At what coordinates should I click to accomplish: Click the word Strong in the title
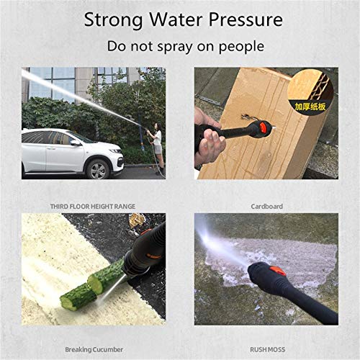(x=113, y=20)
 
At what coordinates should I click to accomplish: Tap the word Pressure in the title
(x=246, y=19)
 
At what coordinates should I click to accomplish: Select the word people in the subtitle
(x=241, y=47)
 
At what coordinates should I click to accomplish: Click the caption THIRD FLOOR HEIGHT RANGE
(x=93, y=207)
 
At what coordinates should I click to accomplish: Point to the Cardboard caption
(x=266, y=207)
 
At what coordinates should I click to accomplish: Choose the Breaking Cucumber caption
(x=94, y=350)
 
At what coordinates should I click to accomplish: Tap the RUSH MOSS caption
(x=267, y=350)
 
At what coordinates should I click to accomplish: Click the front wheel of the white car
(x=98, y=169)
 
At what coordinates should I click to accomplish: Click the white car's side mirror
(x=76, y=143)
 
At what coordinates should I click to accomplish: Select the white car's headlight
(x=115, y=150)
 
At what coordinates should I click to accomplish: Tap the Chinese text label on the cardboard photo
(x=310, y=107)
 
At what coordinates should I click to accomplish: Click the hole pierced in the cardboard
(x=246, y=117)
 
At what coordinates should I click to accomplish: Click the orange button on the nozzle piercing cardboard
(x=263, y=127)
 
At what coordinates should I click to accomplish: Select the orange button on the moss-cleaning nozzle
(x=277, y=271)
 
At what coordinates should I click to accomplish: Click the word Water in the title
(x=176, y=19)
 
